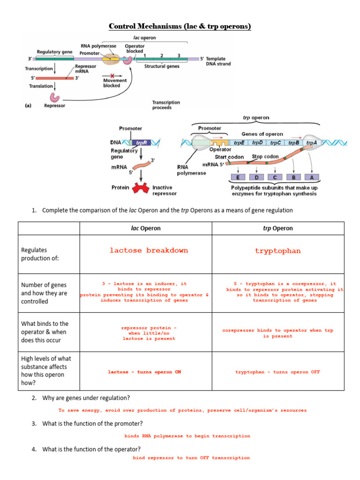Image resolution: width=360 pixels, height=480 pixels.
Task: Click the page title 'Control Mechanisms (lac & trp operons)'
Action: pyautogui.click(x=180, y=26)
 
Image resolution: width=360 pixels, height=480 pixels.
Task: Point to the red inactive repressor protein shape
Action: pyautogui.click(x=141, y=187)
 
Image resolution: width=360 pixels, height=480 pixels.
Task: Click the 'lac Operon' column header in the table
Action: pyautogui.click(x=145, y=228)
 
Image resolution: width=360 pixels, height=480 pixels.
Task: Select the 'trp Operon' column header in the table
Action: pyautogui.click(x=278, y=228)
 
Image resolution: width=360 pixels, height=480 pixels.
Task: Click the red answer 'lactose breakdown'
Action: pyautogui.click(x=149, y=251)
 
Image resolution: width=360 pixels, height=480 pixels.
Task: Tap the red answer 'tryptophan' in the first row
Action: pyautogui.click(x=278, y=251)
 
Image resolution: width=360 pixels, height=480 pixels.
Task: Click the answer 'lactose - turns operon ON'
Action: pyautogui.click(x=144, y=372)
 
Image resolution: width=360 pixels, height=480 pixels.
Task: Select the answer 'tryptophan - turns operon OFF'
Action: pyautogui.click(x=278, y=372)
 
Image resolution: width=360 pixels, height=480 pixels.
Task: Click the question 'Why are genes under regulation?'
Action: pyautogui.click(x=83, y=398)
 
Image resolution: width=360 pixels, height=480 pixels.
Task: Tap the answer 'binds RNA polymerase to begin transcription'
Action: pyautogui.click(x=187, y=436)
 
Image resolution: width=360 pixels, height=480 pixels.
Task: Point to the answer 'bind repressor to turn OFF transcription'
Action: pyautogui.click(x=191, y=457)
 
